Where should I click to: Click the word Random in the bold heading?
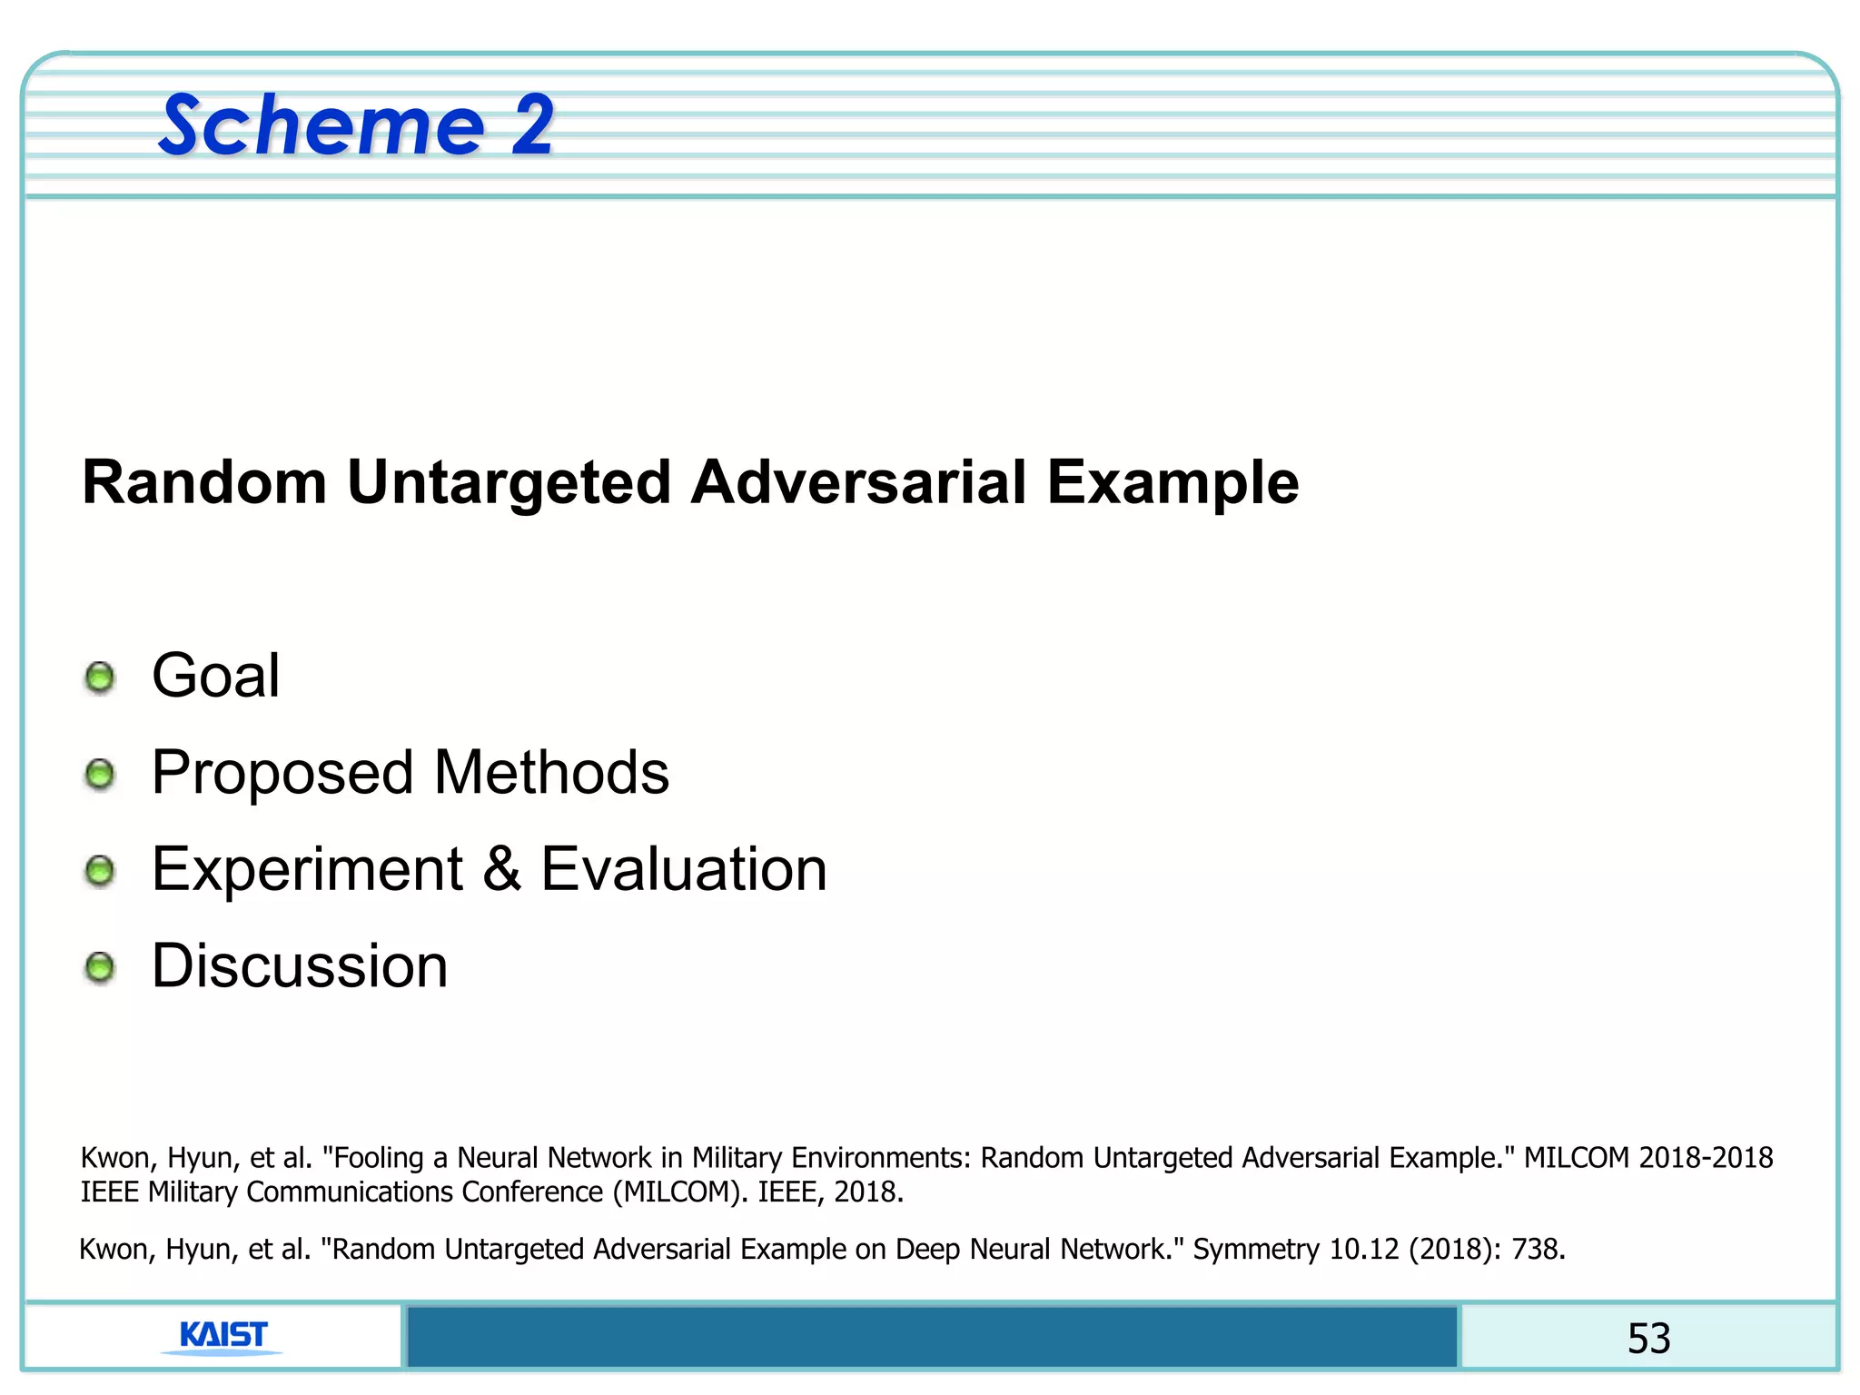click(x=204, y=481)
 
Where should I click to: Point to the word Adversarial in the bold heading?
click(x=858, y=481)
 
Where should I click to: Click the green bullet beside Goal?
click(x=100, y=678)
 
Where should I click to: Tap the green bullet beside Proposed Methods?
click(x=100, y=775)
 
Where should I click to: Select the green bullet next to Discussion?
click(x=100, y=967)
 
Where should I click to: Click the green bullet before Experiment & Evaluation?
click(x=100, y=871)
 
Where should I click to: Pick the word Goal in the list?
click(x=216, y=676)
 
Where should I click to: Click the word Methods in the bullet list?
click(x=551, y=773)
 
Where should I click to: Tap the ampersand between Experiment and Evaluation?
click(x=501, y=869)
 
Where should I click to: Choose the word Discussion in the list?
click(x=300, y=965)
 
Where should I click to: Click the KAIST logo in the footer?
click(x=223, y=1336)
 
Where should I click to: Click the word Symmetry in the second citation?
click(x=1256, y=1250)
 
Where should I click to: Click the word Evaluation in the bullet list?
click(x=684, y=869)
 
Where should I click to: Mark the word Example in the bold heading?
click(x=1172, y=483)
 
